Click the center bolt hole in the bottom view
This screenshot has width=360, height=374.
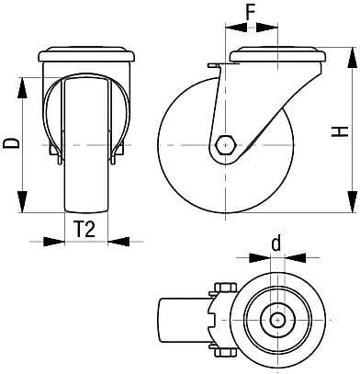click(276, 321)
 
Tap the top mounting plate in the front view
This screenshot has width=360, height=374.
click(89, 56)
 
